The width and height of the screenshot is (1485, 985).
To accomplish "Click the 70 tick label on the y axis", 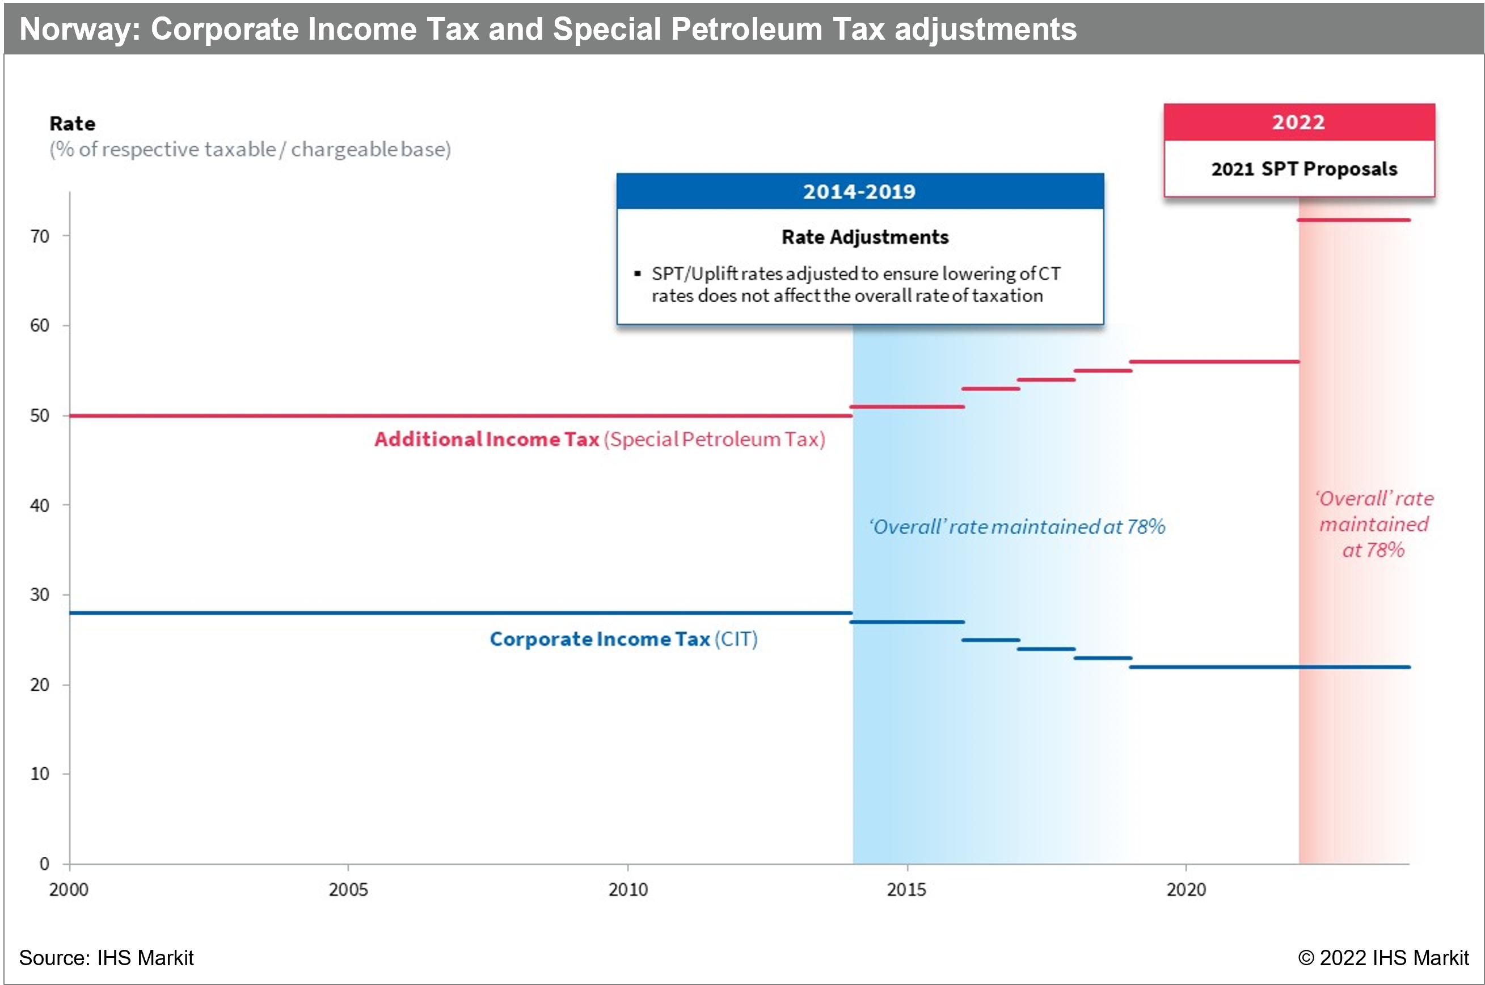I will (x=40, y=236).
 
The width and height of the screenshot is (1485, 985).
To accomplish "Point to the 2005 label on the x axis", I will (x=348, y=890).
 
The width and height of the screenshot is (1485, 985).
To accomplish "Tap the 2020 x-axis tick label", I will (x=1186, y=890).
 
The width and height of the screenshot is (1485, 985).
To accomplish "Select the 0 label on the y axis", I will (x=44, y=864).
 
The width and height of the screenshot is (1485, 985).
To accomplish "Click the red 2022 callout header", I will (x=1298, y=122).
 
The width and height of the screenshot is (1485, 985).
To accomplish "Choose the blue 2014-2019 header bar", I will (x=859, y=191).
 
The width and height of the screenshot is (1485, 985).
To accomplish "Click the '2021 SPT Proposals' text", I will (x=1304, y=168).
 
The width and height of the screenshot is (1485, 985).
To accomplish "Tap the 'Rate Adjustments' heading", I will (x=865, y=237).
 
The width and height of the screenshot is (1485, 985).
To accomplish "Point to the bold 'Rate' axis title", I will (x=72, y=123).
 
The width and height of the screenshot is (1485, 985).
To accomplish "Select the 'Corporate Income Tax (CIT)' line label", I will (x=623, y=639).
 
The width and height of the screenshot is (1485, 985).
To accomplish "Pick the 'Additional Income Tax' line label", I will (x=487, y=438).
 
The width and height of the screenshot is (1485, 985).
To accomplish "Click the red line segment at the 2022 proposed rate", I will (x=1354, y=220).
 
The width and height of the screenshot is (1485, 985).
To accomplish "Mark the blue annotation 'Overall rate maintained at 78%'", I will (x=1017, y=526).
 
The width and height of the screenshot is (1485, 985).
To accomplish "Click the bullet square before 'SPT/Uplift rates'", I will (x=638, y=273).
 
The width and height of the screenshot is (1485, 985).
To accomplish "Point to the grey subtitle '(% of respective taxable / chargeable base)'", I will (x=250, y=149).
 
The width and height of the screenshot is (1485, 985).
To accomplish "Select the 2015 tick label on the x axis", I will (x=906, y=890).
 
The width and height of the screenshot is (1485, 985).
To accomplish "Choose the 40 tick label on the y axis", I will (x=40, y=505).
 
